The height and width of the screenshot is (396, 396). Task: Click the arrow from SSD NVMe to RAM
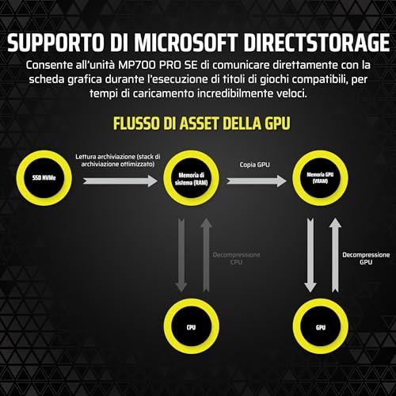pos(120,181)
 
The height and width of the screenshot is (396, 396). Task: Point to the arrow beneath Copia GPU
pos(257,181)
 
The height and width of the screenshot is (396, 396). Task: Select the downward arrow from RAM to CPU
pos(181,255)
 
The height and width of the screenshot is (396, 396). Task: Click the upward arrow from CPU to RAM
pos(206,255)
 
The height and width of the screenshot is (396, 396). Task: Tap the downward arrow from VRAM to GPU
pos(310,255)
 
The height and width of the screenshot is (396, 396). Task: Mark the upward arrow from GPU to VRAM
pos(335,255)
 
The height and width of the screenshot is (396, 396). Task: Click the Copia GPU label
pos(255,165)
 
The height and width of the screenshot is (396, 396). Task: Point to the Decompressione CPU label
pos(236,258)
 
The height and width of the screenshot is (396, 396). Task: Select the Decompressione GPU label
pos(366,258)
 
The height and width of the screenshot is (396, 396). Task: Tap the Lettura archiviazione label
pos(118,160)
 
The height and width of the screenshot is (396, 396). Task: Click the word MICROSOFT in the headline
pos(186,42)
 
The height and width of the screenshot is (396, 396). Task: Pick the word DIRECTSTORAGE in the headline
pos(317,42)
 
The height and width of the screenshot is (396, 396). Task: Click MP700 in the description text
pos(137,65)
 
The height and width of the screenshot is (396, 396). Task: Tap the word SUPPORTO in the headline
pos(55,42)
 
